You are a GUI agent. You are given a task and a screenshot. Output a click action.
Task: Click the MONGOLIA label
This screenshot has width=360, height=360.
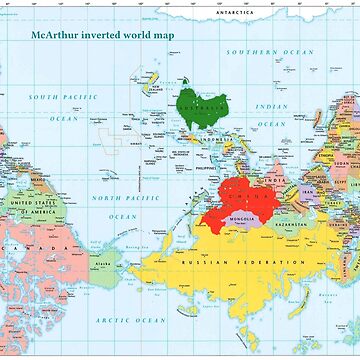[x=245, y=218]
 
